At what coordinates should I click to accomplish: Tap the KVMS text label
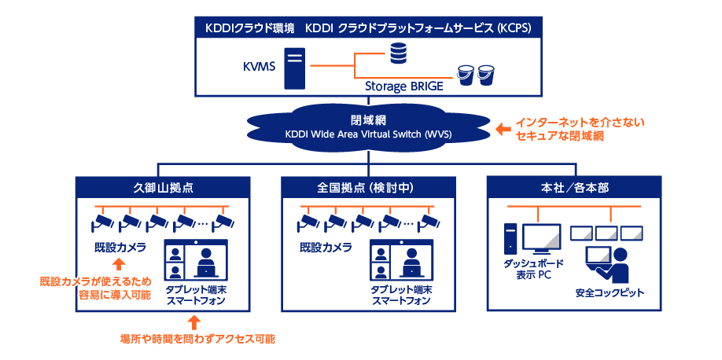pos(259,67)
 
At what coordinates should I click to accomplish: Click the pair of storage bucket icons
pos(476,74)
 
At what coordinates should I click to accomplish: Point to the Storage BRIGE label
pos(404,86)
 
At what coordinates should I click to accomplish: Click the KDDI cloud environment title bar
pos(368,28)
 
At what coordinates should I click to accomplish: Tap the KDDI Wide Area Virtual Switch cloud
pos(367,127)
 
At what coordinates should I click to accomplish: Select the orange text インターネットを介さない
pos(580,122)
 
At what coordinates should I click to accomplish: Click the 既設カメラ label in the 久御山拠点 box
pos(116,248)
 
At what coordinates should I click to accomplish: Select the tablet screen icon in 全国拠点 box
pos(403,260)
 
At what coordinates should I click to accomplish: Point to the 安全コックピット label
pos(610,293)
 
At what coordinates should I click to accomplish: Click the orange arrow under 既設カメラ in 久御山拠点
pos(117,264)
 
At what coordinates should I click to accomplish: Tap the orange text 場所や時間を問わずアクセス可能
pos(197,339)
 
